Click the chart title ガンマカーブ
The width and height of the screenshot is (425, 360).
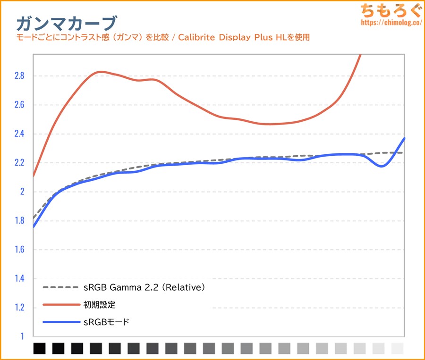point(66,23)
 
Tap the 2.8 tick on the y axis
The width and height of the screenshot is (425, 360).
point(18,76)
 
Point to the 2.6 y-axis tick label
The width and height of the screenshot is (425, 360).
point(18,105)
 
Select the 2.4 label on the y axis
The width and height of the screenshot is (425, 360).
point(18,134)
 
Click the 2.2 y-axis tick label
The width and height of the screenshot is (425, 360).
point(18,163)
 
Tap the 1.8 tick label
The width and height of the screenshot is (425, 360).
point(18,221)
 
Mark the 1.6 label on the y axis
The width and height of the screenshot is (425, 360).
point(18,250)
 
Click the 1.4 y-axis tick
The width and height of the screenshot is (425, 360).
point(18,279)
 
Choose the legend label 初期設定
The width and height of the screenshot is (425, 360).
point(102,305)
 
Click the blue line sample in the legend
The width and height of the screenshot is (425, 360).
point(61,322)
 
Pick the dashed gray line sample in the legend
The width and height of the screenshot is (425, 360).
point(61,287)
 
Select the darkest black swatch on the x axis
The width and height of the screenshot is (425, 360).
point(40,349)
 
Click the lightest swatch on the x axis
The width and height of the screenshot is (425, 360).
point(398,349)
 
